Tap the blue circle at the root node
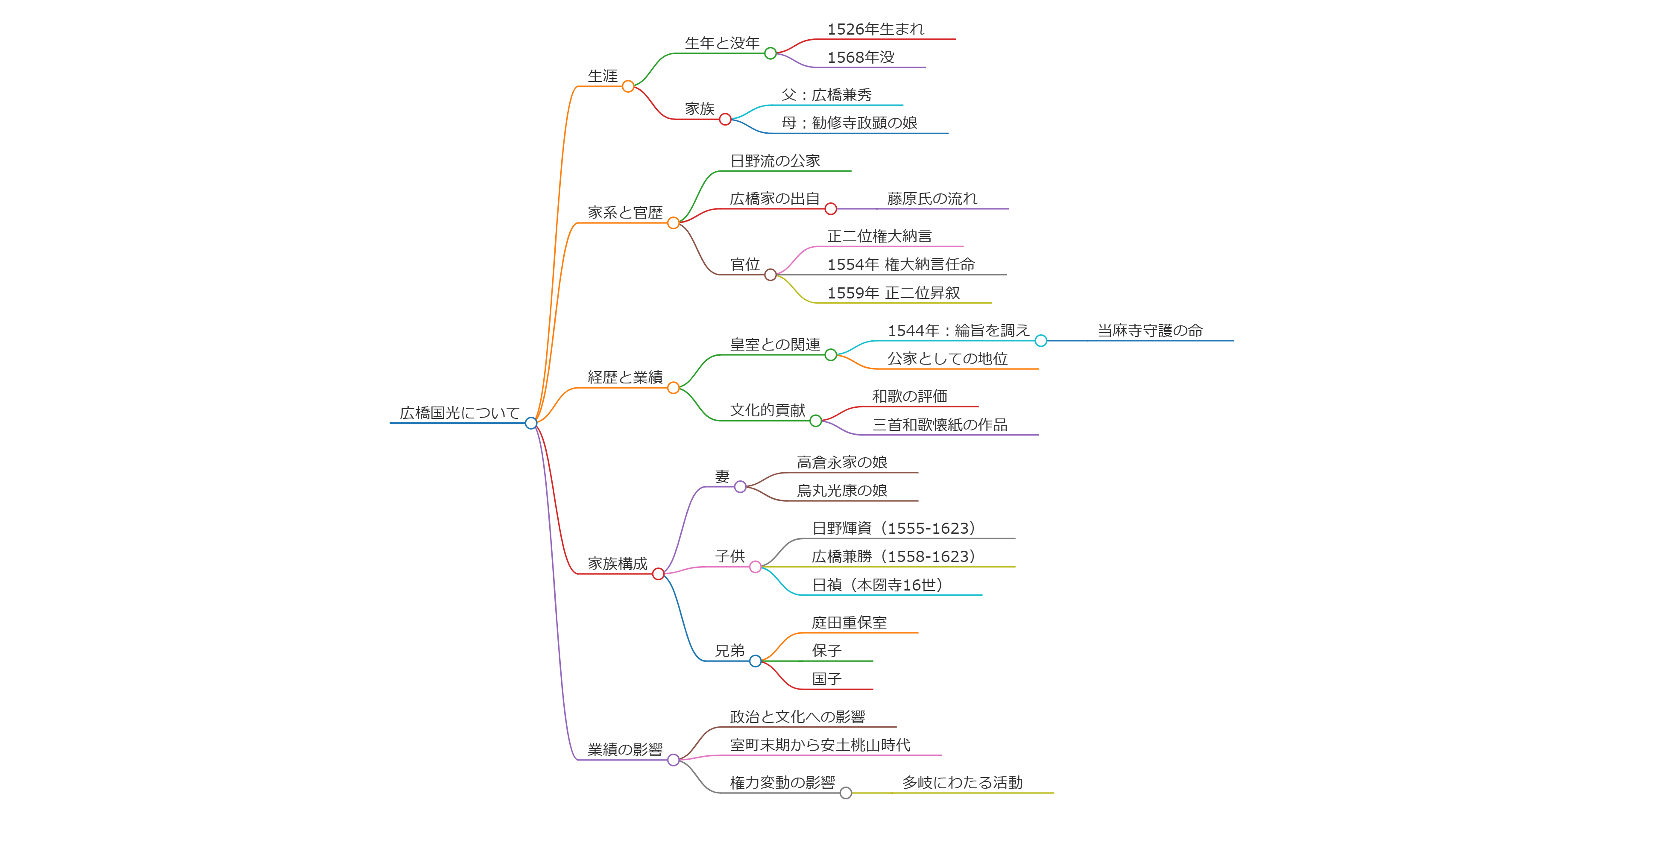point(531,423)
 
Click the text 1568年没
point(861,58)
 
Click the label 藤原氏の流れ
point(932,198)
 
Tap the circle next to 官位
point(770,275)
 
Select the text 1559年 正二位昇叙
point(894,293)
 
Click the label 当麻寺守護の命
point(1150,331)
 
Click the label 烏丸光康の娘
point(842,491)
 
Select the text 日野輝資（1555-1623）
point(894,529)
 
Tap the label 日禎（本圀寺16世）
point(877,585)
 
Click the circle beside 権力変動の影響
point(846,793)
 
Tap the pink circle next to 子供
point(755,567)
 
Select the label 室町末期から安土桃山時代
point(820,746)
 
